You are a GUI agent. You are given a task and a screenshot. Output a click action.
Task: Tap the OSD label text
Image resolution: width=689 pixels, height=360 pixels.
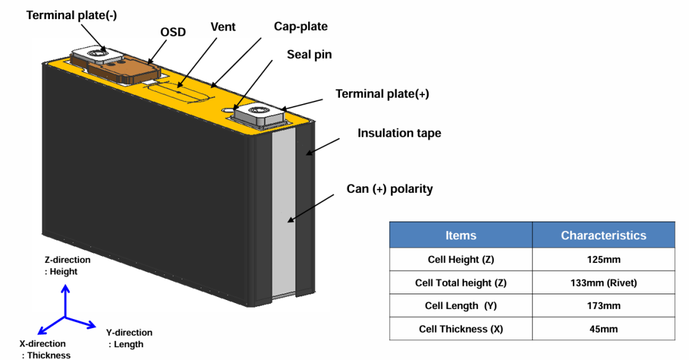point(172,32)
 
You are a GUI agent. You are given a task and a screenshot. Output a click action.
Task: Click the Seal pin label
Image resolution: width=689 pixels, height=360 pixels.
point(309,54)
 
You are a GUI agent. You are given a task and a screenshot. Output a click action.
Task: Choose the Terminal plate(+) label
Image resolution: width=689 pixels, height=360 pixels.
point(382,94)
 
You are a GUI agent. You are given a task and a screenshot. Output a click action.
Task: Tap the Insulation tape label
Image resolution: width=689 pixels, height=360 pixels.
point(399,133)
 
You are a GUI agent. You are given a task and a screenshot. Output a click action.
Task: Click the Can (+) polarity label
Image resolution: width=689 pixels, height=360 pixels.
point(389,189)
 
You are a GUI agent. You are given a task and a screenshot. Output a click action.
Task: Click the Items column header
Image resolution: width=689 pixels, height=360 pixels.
point(461,236)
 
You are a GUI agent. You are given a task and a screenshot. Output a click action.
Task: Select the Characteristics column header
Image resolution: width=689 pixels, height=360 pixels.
point(603,236)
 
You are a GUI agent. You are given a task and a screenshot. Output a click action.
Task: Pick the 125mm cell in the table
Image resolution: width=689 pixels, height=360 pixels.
point(603,260)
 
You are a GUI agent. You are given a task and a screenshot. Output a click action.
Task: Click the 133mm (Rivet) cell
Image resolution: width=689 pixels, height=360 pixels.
point(603,283)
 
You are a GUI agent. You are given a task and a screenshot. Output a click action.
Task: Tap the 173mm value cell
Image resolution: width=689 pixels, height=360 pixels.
point(603,306)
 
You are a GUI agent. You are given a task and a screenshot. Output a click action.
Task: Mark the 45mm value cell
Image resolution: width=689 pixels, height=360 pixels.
point(603,329)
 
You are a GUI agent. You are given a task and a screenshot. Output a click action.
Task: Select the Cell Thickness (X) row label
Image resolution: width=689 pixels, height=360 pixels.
point(461,329)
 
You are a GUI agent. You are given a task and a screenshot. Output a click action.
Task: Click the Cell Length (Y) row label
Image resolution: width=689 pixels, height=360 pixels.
point(461,306)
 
